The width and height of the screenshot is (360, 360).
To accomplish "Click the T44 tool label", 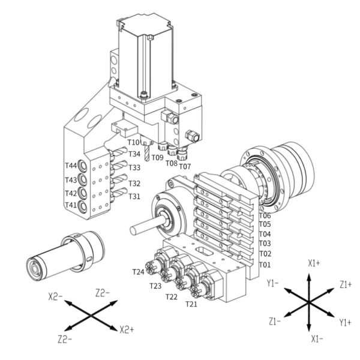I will [71, 166].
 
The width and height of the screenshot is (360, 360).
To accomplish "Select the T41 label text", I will [71, 206].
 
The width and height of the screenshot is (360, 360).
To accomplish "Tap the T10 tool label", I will [133, 142].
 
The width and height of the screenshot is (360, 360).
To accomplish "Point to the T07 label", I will [185, 166].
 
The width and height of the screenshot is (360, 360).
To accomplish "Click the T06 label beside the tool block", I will [265, 215].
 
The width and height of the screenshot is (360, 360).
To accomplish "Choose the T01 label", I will [265, 265].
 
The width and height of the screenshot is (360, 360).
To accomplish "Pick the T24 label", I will [139, 272].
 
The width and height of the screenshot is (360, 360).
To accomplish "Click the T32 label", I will [134, 184].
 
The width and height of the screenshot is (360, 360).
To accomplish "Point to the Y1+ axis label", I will [346, 322].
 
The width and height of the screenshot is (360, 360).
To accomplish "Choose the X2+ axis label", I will [127, 329].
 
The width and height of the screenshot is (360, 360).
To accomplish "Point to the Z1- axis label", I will [276, 322].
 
